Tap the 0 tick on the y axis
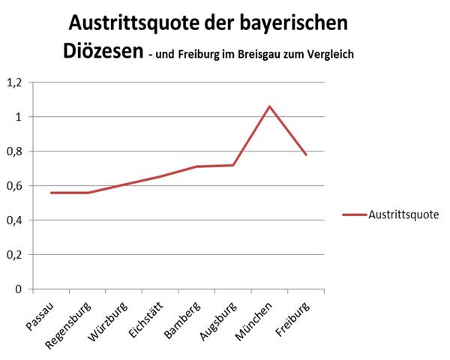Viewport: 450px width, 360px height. tap(19, 289)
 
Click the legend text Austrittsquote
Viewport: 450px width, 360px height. tap(403, 214)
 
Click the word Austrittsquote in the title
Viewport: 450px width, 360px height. tap(141, 23)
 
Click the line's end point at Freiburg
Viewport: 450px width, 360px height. tap(306, 154)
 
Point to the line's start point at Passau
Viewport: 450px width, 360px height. tap(51, 193)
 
